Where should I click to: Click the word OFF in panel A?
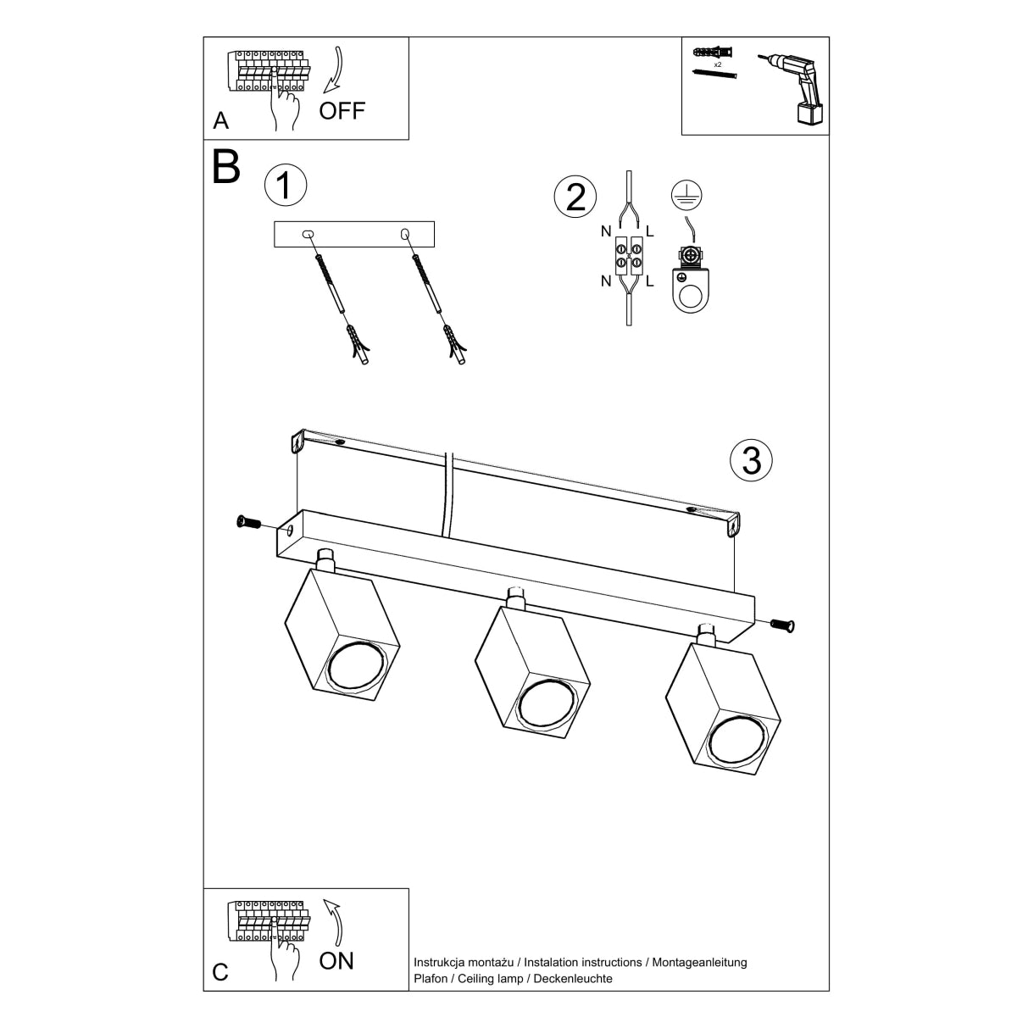[x=342, y=110]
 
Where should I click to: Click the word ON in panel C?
[x=336, y=960]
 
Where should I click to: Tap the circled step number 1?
[x=285, y=185]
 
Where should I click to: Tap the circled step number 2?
[x=575, y=197]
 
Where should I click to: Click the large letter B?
[x=226, y=168]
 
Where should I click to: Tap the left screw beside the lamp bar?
[x=248, y=522]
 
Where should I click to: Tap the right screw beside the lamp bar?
[x=783, y=625]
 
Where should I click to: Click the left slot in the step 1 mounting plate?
[x=308, y=233]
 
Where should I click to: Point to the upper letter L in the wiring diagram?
[x=649, y=231]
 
